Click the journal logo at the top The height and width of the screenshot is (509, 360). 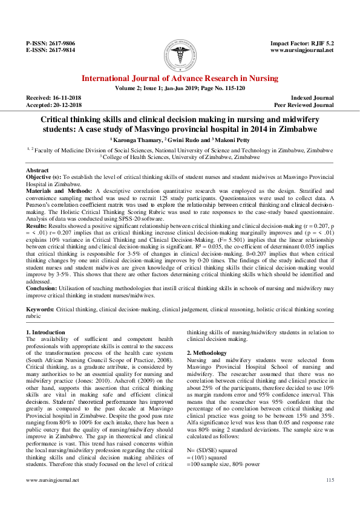[180, 53]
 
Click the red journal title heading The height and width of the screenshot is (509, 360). [180, 79]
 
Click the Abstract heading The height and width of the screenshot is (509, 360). [38, 171]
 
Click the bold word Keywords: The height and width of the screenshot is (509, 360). [41, 309]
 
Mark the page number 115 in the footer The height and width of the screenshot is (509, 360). [330, 497]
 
